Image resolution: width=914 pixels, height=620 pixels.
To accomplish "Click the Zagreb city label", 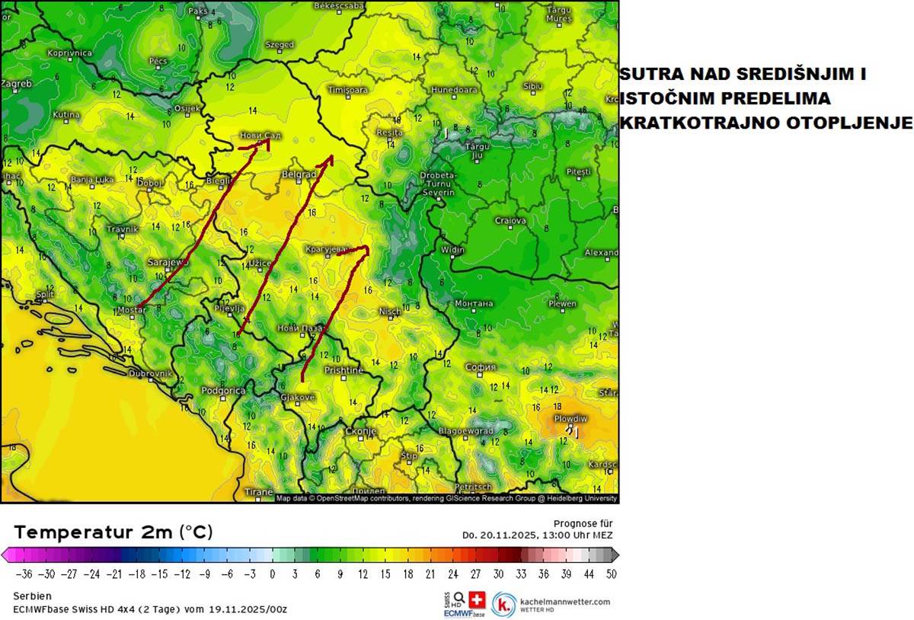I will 16,84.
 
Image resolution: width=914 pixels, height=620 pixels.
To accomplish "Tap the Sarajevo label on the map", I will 168,262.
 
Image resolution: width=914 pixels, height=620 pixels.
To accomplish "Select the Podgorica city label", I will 223,391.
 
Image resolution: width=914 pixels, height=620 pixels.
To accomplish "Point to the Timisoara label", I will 347,90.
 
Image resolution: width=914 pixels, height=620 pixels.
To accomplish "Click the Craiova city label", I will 510,221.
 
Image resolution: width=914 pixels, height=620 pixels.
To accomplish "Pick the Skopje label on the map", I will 361,431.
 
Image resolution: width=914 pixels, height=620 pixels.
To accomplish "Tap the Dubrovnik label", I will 150,374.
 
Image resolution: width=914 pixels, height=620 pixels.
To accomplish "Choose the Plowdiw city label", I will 570,419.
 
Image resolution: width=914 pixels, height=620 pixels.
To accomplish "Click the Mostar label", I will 132,311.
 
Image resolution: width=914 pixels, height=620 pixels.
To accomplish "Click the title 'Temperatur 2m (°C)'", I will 113,532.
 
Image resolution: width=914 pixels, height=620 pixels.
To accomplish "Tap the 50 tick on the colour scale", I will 611,574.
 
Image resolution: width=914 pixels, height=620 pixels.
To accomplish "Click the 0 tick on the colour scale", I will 272,574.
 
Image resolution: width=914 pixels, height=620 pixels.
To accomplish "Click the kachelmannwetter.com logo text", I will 564,601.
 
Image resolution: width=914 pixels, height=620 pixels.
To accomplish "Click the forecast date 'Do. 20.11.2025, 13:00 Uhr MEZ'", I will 537,535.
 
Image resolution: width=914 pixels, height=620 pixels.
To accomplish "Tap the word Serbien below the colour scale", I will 32,596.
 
